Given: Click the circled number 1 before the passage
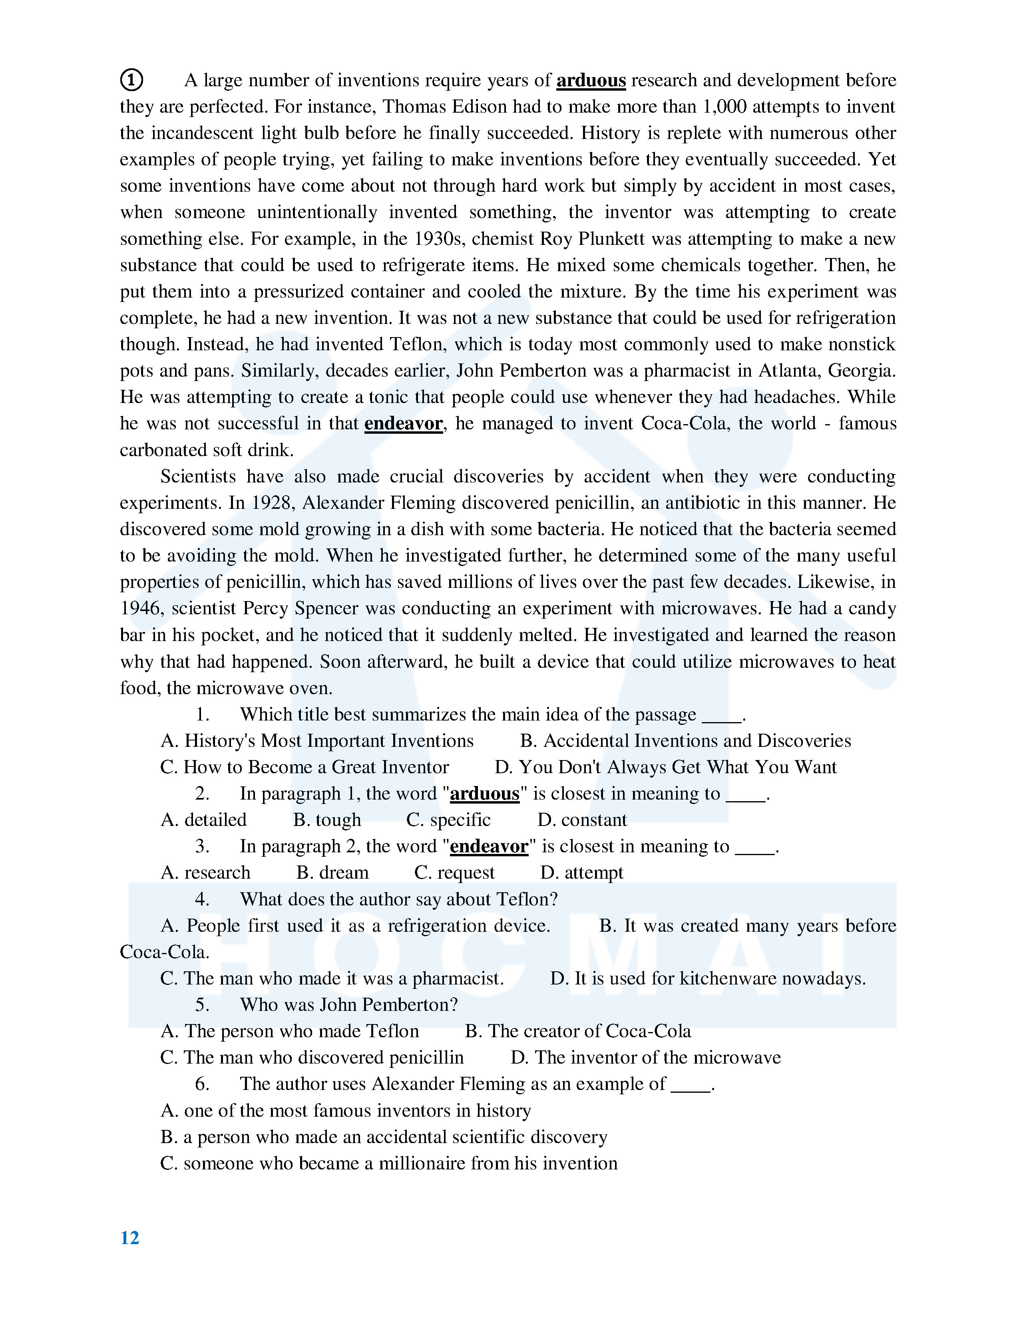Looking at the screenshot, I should (x=131, y=79).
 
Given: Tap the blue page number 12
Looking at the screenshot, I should (x=130, y=1238).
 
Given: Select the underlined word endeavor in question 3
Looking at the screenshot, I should (x=489, y=847).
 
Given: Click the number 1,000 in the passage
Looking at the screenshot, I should (x=724, y=107).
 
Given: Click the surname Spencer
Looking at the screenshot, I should (x=326, y=608).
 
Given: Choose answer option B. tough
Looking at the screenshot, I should (x=327, y=820).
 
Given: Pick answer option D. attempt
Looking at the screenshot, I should (x=581, y=873).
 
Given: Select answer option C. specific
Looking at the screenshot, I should (x=448, y=820).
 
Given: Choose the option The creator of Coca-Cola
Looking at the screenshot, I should (x=578, y=1031).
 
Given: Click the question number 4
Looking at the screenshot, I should (x=202, y=900).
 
